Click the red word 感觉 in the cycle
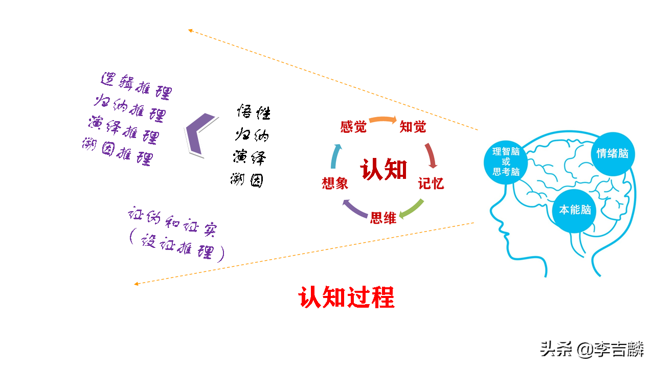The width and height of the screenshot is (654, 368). tap(353, 127)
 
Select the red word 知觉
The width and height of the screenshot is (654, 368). tap(413, 127)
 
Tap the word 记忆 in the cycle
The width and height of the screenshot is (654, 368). tap(431, 183)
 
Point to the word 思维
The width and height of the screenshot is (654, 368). tap(384, 218)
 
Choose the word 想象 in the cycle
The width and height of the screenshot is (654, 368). tap(335, 183)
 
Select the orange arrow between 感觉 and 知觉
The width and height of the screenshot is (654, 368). tap(382, 120)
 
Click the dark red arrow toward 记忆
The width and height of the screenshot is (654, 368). tap(432, 155)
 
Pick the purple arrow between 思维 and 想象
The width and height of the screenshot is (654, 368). tap(353, 209)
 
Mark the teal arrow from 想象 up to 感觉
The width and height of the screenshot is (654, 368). tap(334, 156)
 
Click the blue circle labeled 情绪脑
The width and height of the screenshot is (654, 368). tap(612, 153)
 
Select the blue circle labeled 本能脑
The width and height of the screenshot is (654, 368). tap(575, 210)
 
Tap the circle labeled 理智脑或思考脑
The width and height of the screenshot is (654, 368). tap(506, 162)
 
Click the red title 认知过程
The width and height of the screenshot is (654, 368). tap(346, 297)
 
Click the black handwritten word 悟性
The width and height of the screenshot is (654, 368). tap(253, 112)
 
